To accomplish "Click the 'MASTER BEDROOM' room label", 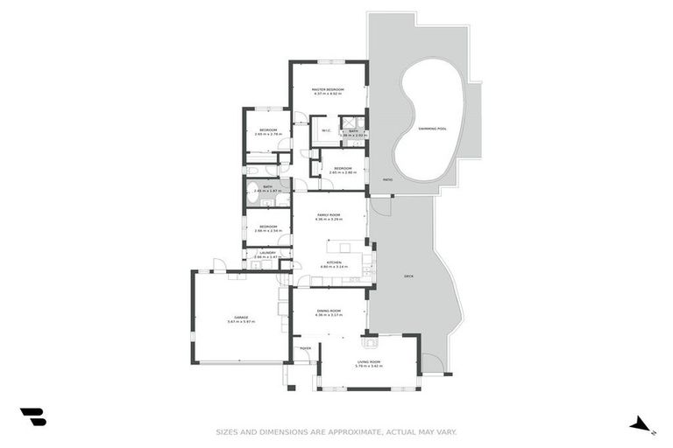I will tap(327, 89).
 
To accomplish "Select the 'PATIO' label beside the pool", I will tap(386, 179).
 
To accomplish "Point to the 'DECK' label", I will tap(407, 276).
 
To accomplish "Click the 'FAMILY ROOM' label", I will tap(329, 214).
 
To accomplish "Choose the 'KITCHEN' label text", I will tap(333, 262).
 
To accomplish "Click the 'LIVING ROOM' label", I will tap(368, 361).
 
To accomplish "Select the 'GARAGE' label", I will tap(240, 317).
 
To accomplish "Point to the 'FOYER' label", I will tap(306, 348).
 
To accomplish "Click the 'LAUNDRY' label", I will tap(267, 253).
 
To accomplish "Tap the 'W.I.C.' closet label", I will tap(325, 131).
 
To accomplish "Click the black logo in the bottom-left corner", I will tap(32, 417).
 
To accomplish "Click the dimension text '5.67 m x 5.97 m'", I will tap(240, 322).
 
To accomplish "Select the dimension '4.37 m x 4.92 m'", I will tap(327, 94).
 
